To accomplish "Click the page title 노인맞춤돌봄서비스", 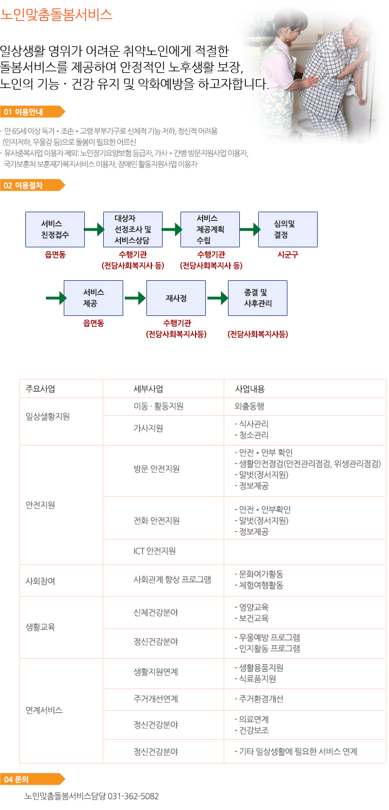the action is point(56,15).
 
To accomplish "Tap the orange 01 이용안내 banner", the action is point(32,112).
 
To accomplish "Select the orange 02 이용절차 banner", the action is point(32,186).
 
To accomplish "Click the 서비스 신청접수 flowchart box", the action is point(55,230).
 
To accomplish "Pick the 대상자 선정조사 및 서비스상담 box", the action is point(133,230).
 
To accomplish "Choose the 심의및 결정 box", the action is point(287,230).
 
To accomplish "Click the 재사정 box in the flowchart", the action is point(176,298).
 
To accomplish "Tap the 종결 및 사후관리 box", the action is point(258,298).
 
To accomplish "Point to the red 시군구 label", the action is point(287,254).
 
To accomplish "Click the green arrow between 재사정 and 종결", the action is point(218,298).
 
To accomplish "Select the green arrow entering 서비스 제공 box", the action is point(56,298).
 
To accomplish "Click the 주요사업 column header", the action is point(40,389).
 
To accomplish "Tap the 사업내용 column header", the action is point(250,389).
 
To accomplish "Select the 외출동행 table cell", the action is point(249,407).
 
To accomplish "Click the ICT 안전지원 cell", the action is point(155,551).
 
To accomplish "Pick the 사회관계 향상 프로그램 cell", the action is point(172,579).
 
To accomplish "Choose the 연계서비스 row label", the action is point(44,710).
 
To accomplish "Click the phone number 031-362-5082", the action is point(133,796).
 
